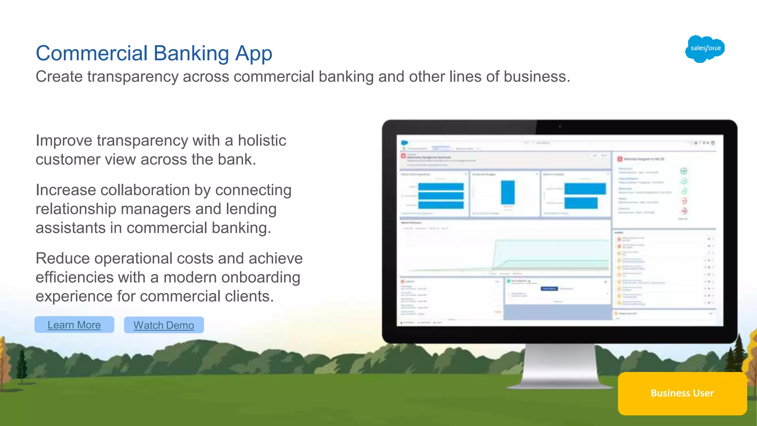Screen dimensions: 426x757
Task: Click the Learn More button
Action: coord(74,325)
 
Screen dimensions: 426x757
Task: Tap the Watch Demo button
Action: coord(164,325)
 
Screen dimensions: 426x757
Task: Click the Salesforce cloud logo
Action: coord(705,48)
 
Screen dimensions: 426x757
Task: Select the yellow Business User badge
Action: coord(682,393)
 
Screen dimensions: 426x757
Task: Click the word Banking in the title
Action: coord(191,53)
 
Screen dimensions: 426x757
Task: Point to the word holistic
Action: coord(262,141)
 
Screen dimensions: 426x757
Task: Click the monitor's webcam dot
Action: coord(560,126)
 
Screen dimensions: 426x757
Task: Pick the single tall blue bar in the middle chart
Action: coord(508,192)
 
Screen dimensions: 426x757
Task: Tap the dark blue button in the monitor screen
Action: coord(549,288)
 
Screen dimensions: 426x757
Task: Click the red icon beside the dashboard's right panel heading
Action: coord(620,159)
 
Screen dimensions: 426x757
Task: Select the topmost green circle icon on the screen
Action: coord(683,171)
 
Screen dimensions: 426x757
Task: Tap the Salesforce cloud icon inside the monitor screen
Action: coord(404,143)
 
